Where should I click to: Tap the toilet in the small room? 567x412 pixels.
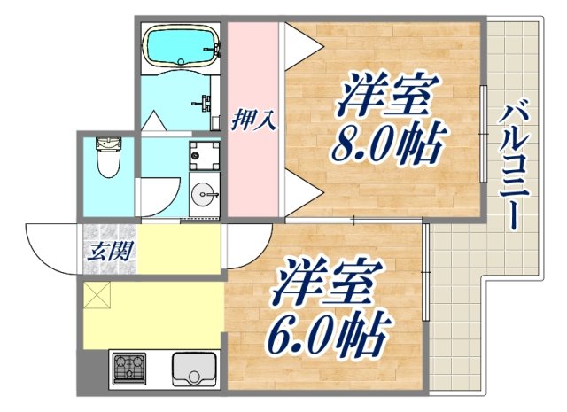108,159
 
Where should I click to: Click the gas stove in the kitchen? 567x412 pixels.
128,367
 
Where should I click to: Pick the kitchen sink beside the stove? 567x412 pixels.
192,368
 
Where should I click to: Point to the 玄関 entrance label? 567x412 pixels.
110,250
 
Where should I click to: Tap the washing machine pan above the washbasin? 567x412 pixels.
198,153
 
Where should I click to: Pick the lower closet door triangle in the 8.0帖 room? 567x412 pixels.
299,190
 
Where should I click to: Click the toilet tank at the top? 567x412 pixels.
108,144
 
